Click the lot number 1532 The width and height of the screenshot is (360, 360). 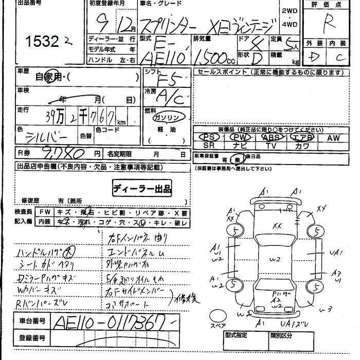pos(44,42)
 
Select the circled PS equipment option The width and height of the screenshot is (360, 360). pos(208,137)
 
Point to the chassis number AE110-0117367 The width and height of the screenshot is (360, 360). pos(111,323)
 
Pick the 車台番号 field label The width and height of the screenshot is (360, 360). pos(32,321)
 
